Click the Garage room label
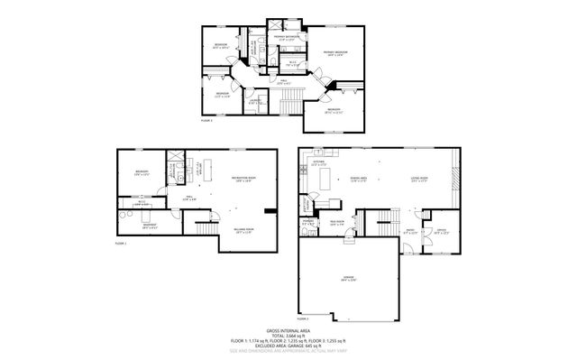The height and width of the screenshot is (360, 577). point(349,279)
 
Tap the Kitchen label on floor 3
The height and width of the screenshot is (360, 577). point(318,165)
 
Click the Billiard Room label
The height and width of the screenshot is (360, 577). point(243,230)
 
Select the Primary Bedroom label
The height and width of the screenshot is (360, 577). point(335,53)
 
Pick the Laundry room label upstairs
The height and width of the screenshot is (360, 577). point(257,101)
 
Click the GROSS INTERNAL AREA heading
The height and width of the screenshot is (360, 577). point(288,331)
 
